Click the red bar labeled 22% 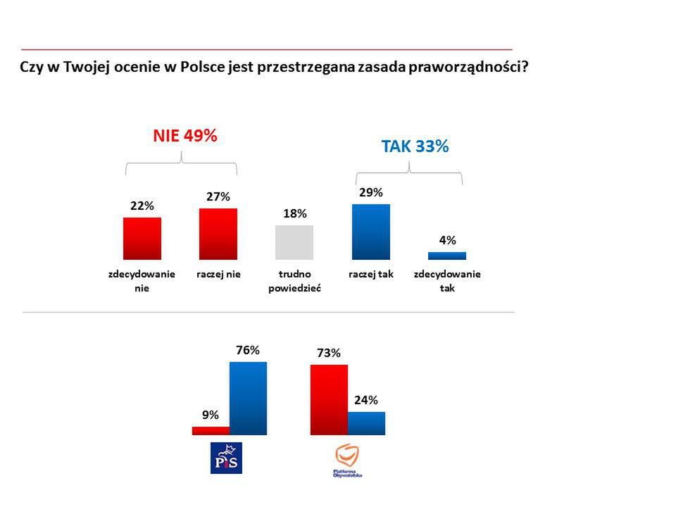click(x=142, y=238)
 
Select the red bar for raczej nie click(x=218, y=234)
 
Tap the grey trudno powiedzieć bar click(x=294, y=242)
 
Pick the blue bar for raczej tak click(x=370, y=232)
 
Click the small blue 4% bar click(x=447, y=256)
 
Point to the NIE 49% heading click(x=185, y=137)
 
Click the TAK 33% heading click(x=415, y=146)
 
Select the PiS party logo click(x=227, y=458)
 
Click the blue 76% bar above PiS click(x=248, y=398)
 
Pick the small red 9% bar click(x=211, y=430)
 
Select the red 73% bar click(x=329, y=399)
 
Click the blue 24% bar click(x=367, y=423)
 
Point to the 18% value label click(x=295, y=213)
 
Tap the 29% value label click(x=371, y=192)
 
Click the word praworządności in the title click(x=471, y=68)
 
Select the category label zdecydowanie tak click(x=447, y=280)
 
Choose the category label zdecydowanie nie click(x=142, y=280)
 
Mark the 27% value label click(x=218, y=196)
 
